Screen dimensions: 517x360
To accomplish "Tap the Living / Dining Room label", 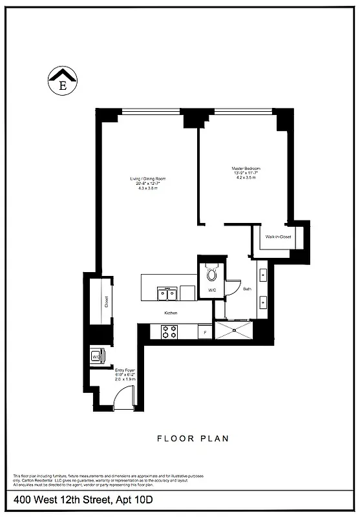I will pyautogui.click(x=147, y=179).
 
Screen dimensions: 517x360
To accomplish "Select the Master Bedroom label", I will pyautogui.click(x=246, y=169).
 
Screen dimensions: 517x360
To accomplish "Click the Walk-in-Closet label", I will pyautogui.click(x=278, y=237).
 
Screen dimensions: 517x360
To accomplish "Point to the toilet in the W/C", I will pyautogui.click(x=212, y=274).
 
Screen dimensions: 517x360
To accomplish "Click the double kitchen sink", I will pyautogui.click(x=167, y=294).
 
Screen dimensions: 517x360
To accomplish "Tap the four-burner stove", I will pyautogui.click(x=169, y=332).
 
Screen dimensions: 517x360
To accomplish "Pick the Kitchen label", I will pyautogui.click(x=171, y=313).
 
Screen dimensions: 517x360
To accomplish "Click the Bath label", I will pyautogui.click(x=247, y=289).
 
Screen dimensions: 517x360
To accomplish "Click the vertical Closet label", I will pyautogui.click(x=107, y=302).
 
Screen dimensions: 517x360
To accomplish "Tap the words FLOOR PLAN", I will pyautogui.click(x=193, y=439).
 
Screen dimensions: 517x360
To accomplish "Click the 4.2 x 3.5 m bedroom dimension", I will pyautogui.click(x=246, y=178).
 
